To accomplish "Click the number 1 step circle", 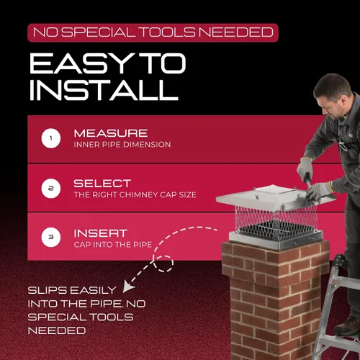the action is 51,138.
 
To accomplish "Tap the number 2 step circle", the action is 51,189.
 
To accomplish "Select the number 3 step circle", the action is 51,237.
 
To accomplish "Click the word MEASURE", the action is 111,133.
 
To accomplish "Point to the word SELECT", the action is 102,184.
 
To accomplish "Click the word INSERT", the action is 101,233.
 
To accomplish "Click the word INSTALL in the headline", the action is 104,90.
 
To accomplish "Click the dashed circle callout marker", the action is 163,264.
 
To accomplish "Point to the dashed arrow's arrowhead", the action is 127,287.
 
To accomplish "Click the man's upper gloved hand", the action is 305,168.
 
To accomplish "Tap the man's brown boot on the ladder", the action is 347,325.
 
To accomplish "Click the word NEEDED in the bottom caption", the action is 57,330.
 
